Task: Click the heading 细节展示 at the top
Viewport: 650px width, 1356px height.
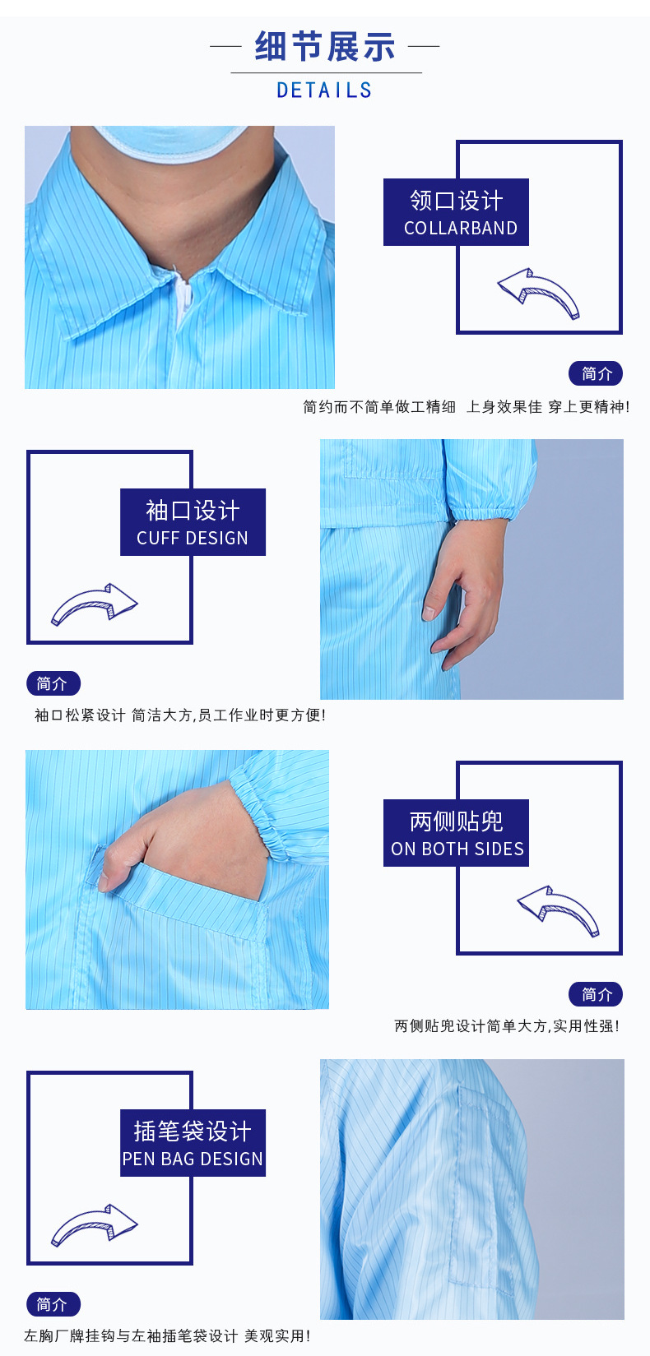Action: (325, 47)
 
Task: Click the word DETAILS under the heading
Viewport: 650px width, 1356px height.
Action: (324, 90)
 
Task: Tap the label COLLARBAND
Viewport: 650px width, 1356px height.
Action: (461, 229)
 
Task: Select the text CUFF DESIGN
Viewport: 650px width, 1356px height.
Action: (193, 539)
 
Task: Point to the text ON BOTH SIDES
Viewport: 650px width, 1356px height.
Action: (457, 849)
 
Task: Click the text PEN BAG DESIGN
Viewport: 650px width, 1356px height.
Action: (193, 1159)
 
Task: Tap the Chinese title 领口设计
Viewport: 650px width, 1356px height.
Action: (457, 200)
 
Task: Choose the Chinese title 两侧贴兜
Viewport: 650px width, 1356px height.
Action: (457, 821)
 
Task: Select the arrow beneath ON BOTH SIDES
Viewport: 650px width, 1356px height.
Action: (559, 911)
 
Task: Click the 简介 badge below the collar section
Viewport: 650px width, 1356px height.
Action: (596, 373)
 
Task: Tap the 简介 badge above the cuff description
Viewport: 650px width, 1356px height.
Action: (53, 683)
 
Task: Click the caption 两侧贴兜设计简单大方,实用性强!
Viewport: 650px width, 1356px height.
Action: (507, 1025)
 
